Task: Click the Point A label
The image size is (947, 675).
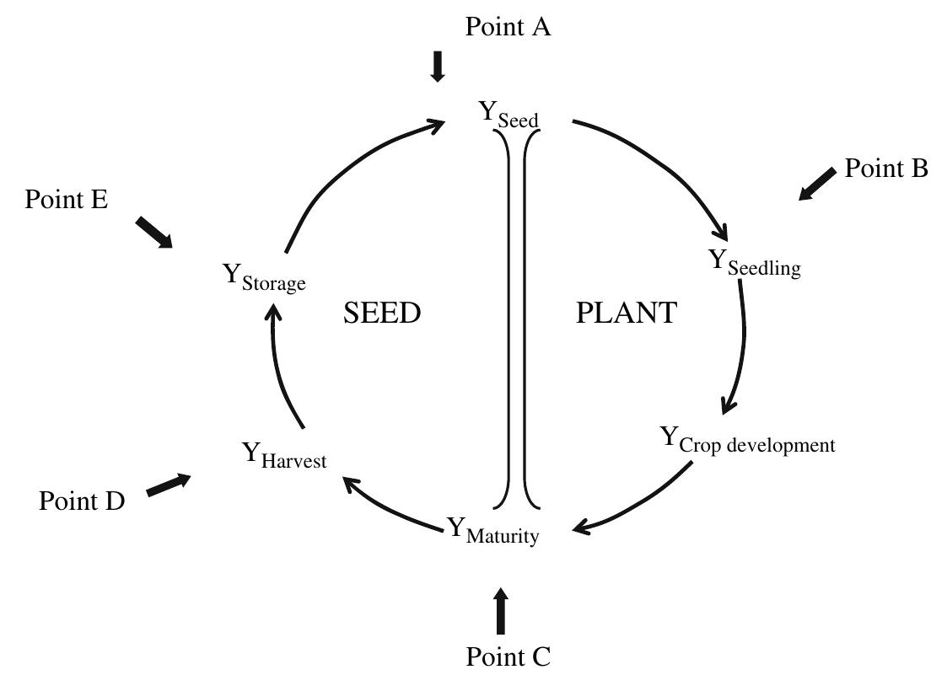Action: pos(508,27)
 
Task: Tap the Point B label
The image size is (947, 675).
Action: pos(886,169)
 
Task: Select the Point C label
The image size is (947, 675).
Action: pos(508,656)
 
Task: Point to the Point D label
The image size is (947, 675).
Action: pos(82,501)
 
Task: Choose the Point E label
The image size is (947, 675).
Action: pos(67,200)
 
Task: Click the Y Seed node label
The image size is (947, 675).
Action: pos(509,115)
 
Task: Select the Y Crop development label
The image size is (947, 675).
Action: pos(747,441)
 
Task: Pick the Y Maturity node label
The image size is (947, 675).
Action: pos(492,532)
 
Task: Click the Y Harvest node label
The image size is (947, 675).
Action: pos(284,457)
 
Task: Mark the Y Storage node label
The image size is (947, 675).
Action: pos(263,277)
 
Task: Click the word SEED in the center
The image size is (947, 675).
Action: pos(382,313)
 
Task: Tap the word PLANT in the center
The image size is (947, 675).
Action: pos(627,313)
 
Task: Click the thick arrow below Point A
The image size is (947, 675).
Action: pos(437,67)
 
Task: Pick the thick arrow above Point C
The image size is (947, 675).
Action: pos(502,612)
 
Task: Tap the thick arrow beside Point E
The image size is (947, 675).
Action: pos(153,232)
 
